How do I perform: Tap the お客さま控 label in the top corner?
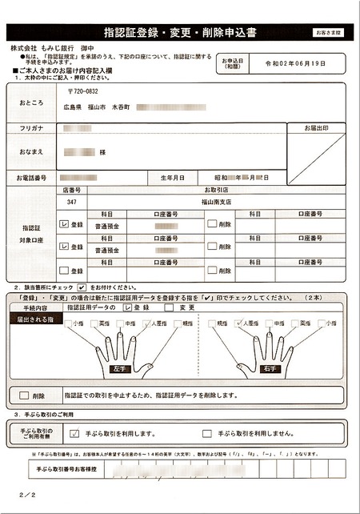[328, 32]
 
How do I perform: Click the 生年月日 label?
[173, 177]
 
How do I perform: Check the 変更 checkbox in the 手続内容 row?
[170, 307]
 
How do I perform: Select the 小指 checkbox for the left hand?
[70, 324]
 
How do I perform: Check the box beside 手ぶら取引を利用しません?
[207, 433]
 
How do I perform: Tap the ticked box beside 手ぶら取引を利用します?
[74, 433]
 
